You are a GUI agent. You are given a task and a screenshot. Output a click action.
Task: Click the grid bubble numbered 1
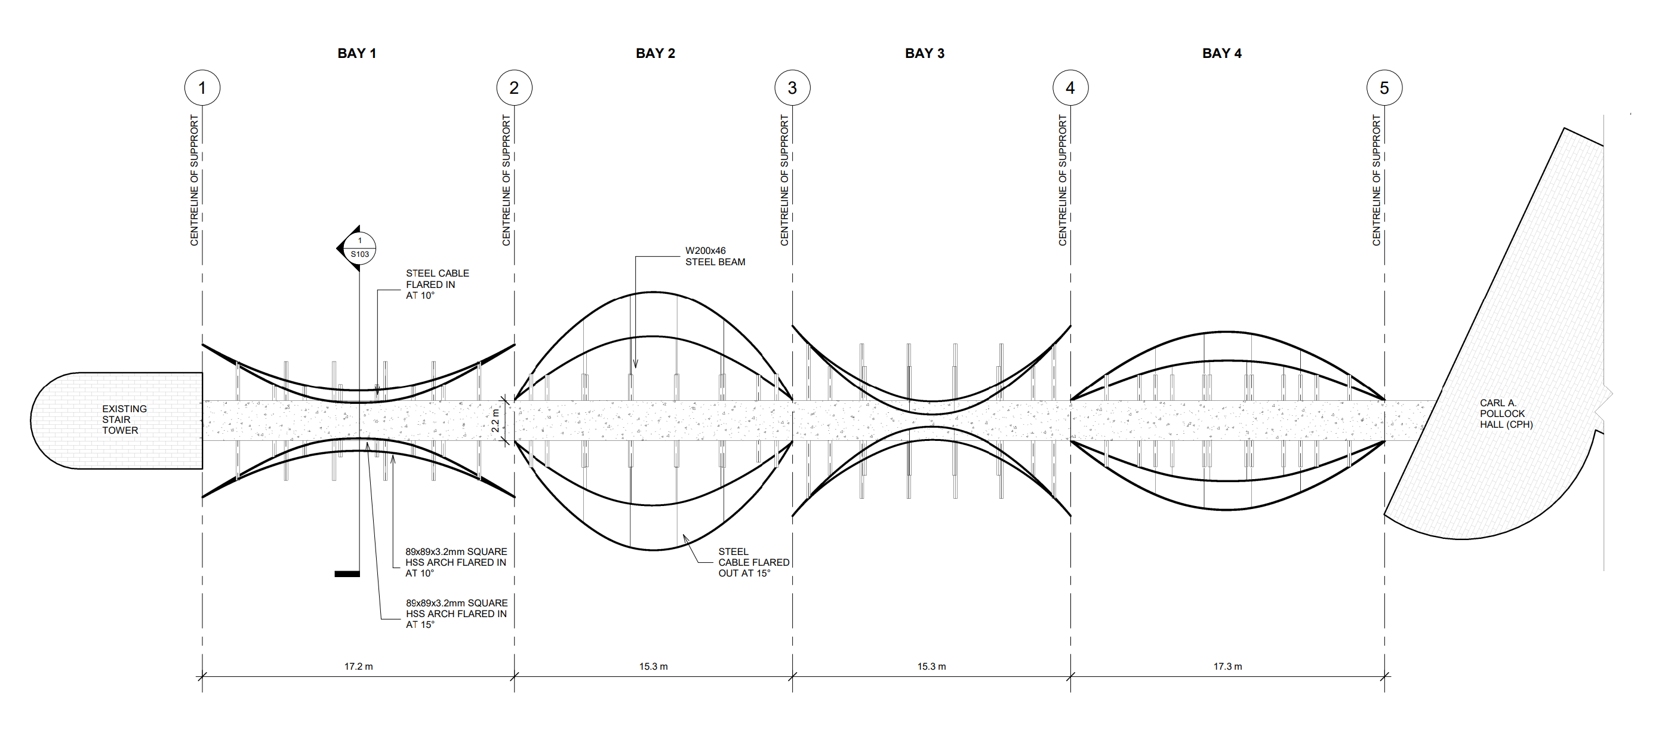pyautogui.click(x=202, y=88)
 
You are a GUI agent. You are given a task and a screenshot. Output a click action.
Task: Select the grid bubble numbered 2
pyautogui.click(x=515, y=88)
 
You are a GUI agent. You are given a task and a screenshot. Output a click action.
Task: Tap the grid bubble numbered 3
pyautogui.click(x=792, y=88)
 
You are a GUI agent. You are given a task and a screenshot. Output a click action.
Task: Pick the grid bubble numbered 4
pyautogui.click(x=1070, y=88)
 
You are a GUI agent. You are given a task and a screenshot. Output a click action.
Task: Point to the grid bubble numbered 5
pyautogui.click(x=1384, y=88)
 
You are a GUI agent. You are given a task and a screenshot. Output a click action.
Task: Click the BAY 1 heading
pyautogui.click(x=357, y=54)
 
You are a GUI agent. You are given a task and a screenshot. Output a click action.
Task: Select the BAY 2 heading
pyautogui.click(x=655, y=54)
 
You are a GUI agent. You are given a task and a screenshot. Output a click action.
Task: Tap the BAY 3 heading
pyautogui.click(x=925, y=54)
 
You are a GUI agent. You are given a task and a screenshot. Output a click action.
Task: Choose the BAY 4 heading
pyautogui.click(x=1222, y=54)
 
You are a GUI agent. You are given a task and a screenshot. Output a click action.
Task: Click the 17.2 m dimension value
pyautogui.click(x=359, y=667)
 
